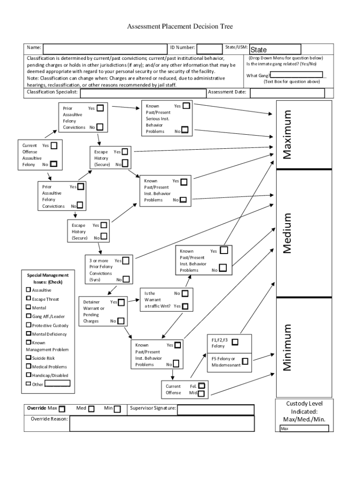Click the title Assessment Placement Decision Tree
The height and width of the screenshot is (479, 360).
[x=180, y=27]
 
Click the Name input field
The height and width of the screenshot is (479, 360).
[x=105, y=48]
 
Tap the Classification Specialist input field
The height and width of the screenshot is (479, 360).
[x=143, y=93]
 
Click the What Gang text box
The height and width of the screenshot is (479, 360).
[x=296, y=74]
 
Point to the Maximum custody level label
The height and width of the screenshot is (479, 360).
[x=287, y=135]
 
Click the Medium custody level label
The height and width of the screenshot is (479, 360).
[x=287, y=233]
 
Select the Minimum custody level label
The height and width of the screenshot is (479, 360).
[x=287, y=347]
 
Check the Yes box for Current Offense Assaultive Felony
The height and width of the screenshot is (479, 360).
[x=54, y=145]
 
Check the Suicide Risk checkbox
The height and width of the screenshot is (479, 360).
[x=29, y=358]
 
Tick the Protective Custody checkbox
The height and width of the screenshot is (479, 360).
[x=29, y=325]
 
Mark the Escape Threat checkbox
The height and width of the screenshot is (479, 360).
[x=29, y=298]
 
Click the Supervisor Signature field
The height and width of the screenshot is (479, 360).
[x=216, y=409]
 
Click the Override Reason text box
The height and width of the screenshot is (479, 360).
[x=161, y=423]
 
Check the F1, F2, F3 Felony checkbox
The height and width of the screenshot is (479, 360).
[x=235, y=342]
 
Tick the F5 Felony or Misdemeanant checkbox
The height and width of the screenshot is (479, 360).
[x=245, y=361]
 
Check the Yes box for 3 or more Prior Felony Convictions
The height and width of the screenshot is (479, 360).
[x=126, y=261]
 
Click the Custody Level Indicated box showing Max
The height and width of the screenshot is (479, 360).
[x=304, y=428]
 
